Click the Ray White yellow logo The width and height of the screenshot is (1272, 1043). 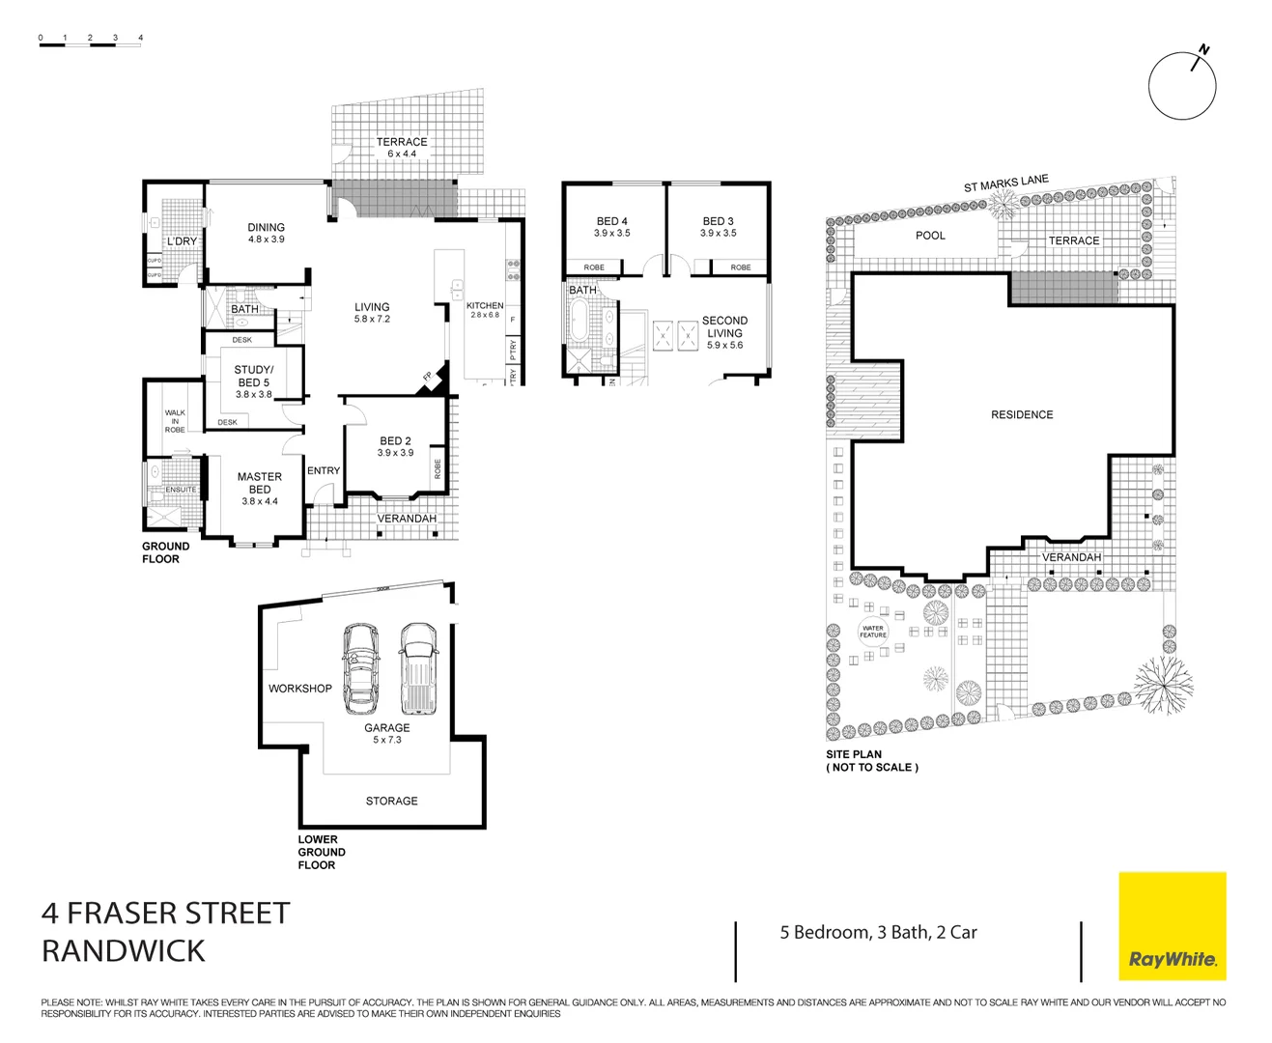click(x=1172, y=925)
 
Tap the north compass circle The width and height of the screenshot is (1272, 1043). click(x=1181, y=86)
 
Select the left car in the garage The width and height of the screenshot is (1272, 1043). click(x=361, y=666)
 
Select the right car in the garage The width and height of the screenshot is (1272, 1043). click(x=418, y=666)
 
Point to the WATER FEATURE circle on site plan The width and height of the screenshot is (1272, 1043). click(x=872, y=632)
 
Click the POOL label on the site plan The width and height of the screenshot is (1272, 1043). click(x=930, y=236)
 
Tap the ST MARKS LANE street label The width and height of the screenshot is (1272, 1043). click(x=1005, y=183)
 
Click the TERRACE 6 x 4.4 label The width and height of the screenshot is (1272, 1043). click(x=402, y=148)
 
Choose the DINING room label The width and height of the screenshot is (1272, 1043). click(x=266, y=233)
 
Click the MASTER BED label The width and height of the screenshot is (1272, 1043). click(x=260, y=483)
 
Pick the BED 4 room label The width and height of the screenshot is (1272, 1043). click(x=611, y=226)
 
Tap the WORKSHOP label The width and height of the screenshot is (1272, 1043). click(x=299, y=689)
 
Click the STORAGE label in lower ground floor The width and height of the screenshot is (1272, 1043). click(x=391, y=801)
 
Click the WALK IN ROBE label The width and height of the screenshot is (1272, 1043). click(x=175, y=421)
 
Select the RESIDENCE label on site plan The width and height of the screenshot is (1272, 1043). click(x=1022, y=414)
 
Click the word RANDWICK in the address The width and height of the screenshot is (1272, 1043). click(x=124, y=950)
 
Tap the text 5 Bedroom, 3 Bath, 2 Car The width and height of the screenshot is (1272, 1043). click(x=878, y=932)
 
